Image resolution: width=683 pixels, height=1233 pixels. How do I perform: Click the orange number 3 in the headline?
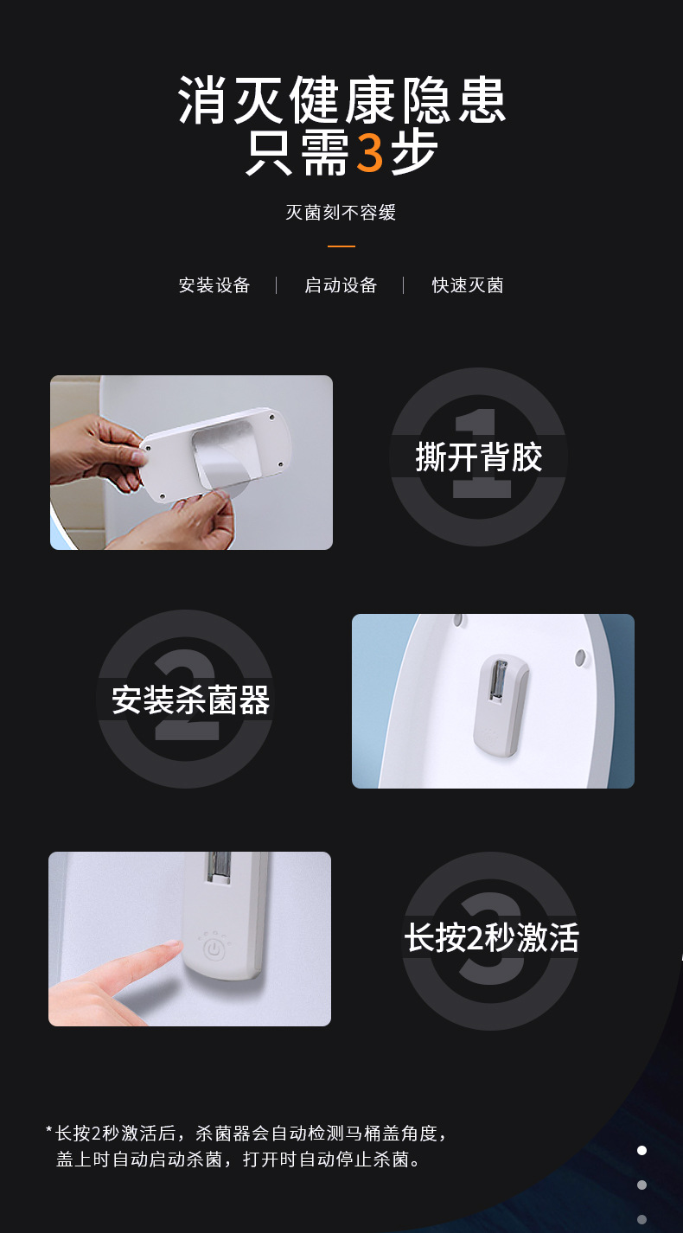[x=370, y=153]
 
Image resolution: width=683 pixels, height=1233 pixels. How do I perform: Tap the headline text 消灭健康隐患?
[x=341, y=100]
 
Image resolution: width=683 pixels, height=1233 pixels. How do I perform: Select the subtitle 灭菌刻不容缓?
[x=341, y=213]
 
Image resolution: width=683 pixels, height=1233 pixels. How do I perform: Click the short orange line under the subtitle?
[x=341, y=246]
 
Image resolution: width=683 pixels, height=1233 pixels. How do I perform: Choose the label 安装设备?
[x=214, y=285]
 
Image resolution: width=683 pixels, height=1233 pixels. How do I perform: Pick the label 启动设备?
[x=341, y=285]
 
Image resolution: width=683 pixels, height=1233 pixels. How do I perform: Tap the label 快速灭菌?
[x=468, y=285]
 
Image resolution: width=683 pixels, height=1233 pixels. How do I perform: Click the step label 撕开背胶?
[x=478, y=457]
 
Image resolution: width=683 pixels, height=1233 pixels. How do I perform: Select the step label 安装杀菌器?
[x=191, y=700]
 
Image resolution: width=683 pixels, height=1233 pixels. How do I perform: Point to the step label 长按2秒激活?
[x=491, y=937]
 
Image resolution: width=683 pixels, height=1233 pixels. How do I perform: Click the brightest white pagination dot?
[x=642, y=1150]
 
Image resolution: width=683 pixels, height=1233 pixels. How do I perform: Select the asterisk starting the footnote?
[x=48, y=1131]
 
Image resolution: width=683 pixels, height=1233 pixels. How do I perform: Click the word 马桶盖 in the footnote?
[x=364, y=1133]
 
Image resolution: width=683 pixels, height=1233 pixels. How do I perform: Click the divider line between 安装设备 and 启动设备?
[x=277, y=285]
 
